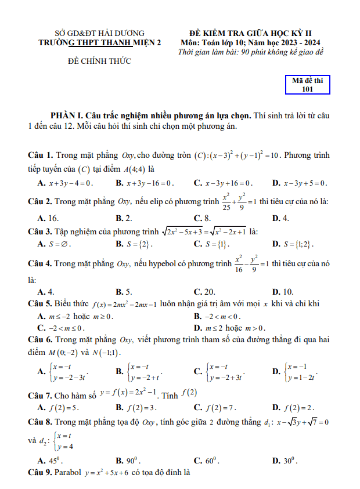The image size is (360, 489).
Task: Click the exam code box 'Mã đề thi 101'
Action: tap(308, 85)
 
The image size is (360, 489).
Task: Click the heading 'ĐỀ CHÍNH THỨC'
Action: tap(99, 61)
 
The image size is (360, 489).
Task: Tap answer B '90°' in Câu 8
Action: tap(128, 461)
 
